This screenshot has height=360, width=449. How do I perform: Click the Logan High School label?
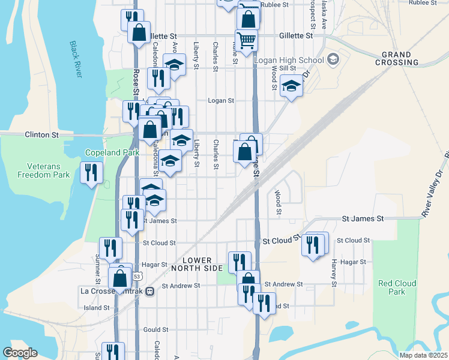point(288,60)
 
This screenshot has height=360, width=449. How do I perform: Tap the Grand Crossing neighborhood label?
point(397,58)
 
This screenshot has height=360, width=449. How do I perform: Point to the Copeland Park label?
point(108,153)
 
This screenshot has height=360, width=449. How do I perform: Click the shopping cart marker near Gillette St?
point(246,40)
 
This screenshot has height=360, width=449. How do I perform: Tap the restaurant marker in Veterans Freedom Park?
point(91,173)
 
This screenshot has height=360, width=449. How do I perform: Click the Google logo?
point(20,353)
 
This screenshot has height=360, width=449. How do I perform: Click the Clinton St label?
point(41,136)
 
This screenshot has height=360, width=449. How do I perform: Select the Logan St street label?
point(220,101)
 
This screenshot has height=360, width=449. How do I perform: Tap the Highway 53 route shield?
point(138,276)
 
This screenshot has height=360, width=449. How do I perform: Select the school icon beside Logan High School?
point(334,60)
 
